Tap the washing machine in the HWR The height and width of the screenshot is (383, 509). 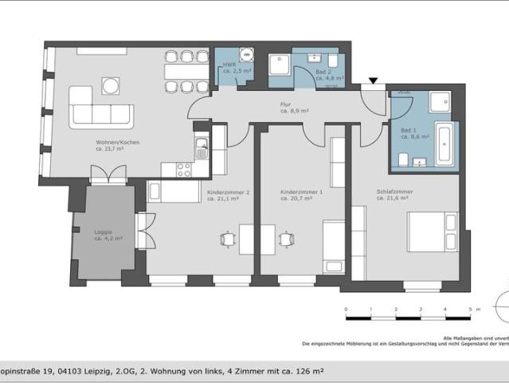(x=248, y=55)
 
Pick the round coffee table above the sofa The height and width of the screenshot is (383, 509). (x=111, y=85)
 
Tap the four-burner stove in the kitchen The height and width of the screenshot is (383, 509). (x=184, y=169)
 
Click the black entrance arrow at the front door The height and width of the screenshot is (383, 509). (x=373, y=81)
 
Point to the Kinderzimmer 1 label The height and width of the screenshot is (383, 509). (x=301, y=195)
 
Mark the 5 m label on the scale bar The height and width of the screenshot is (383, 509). (x=469, y=309)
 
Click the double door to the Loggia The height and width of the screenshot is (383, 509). (x=108, y=174)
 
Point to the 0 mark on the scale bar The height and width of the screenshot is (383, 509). (x=346, y=309)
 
